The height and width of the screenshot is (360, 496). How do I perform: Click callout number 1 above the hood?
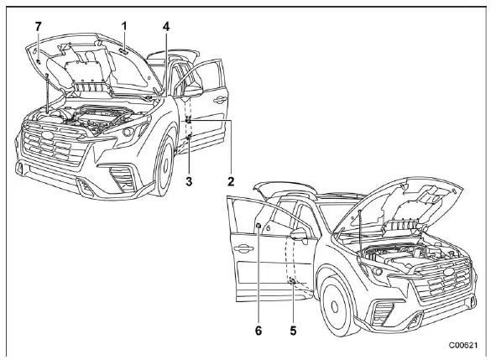tap(124, 26)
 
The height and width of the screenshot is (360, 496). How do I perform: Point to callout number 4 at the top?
tap(166, 26)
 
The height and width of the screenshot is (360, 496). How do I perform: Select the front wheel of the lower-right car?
tap(334, 307)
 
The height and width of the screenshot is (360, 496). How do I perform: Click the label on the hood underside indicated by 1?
tap(123, 50)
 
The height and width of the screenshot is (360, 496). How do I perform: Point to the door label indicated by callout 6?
tap(257, 227)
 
